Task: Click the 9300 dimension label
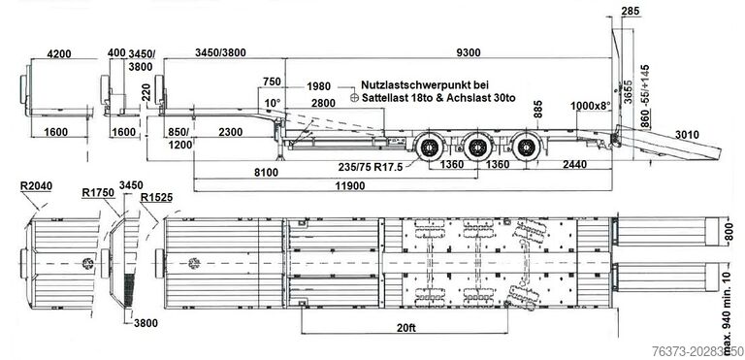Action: (x=468, y=52)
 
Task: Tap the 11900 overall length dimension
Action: (x=350, y=186)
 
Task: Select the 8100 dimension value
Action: (x=266, y=173)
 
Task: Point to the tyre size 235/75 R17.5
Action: (x=371, y=167)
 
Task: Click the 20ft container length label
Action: (x=405, y=327)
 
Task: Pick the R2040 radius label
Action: (x=36, y=186)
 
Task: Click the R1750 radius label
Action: (x=98, y=192)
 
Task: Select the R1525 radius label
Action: (x=156, y=197)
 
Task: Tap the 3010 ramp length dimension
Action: (x=687, y=135)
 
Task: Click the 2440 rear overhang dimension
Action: (x=574, y=165)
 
